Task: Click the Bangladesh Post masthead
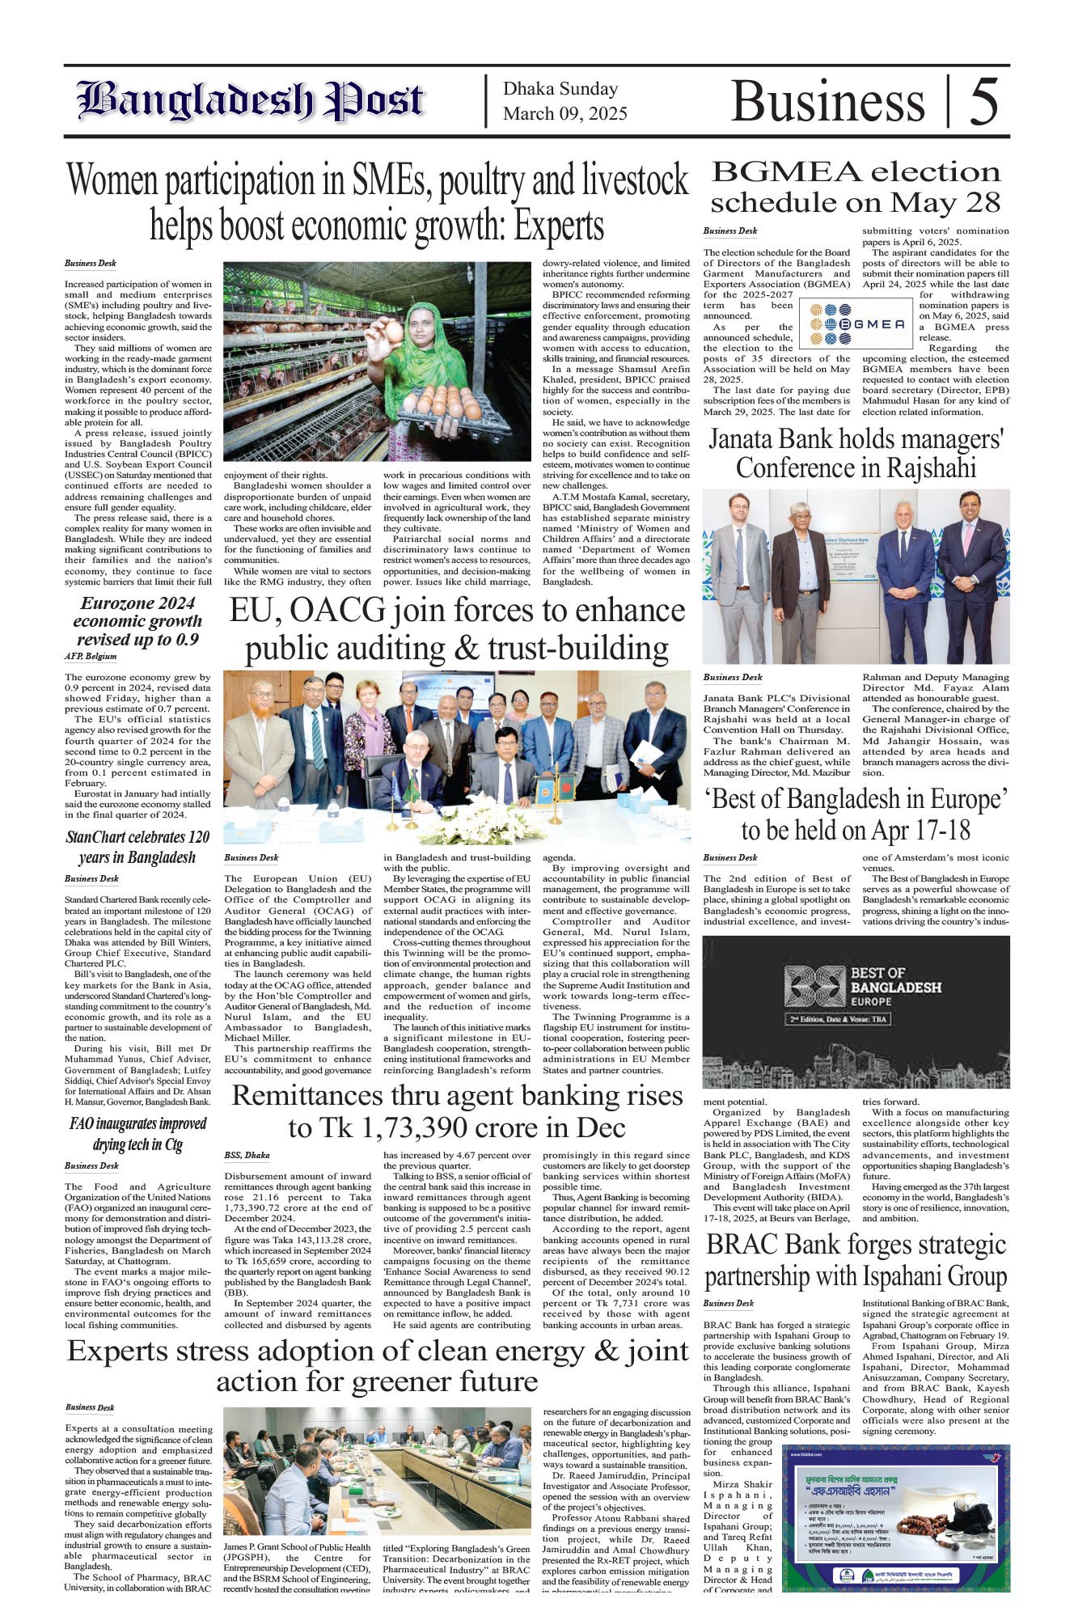250,101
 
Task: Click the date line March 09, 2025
564,114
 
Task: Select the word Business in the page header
827,103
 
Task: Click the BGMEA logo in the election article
856,323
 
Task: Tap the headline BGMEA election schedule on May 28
856,187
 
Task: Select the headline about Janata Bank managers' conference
856,454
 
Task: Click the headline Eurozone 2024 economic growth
137,621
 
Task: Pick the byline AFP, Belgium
91,656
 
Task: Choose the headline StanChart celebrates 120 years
137,847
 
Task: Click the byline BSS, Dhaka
247,1155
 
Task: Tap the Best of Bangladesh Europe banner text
895,988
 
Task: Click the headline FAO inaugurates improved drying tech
137,1134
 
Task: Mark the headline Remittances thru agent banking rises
457,1111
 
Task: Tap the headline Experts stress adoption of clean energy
378,1365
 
